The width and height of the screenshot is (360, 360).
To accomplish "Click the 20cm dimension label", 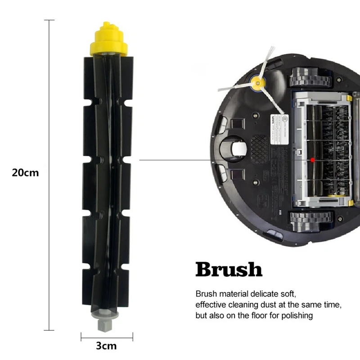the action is tap(26, 172).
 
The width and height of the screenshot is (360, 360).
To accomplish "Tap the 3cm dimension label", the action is tap(106, 346).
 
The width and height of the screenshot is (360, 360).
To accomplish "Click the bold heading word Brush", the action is tap(229, 270).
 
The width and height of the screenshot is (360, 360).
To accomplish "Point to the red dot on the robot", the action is tap(312, 159).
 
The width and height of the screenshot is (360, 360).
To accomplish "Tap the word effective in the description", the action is tap(211, 305).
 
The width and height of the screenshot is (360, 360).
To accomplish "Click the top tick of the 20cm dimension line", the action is tap(49, 20).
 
